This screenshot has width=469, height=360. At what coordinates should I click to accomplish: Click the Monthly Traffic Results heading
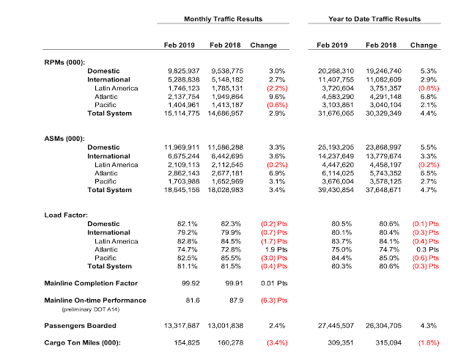tap(224, 17)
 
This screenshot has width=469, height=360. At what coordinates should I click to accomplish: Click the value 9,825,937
tap(177, 70)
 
